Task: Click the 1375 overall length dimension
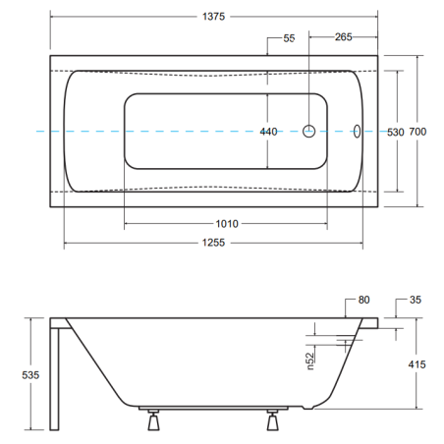click(x=213, y=17)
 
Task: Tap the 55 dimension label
click(x=289, y=38)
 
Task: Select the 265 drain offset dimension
click(x=343, y=37)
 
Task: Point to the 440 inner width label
click(x=268, y=132)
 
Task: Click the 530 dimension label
click(x=396, y=132)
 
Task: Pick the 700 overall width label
click(x=417, y=132)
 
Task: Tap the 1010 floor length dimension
click(x=227, y=224)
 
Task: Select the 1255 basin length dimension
click(x=213, y=243)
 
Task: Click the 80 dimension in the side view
click(x=363, y=300)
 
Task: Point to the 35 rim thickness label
click(x=416, y=300)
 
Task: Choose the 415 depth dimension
click(x=416, y=364)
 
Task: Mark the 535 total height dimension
click(x=30, y=375)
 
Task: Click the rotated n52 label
click(x=310, y=361)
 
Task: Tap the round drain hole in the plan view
click(x=308, y=132)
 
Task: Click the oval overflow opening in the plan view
click(x=357, y=132)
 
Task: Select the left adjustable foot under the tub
click(x=153, y=419)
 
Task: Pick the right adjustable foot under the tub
click(x=272, y=419)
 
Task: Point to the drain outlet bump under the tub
click(x=307, y=408)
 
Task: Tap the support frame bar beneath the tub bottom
click(x=213, y=409)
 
